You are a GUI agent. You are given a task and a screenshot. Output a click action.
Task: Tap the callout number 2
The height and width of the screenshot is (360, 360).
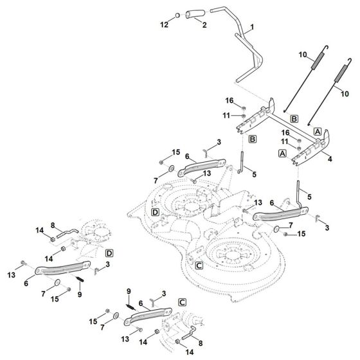click(204, 24)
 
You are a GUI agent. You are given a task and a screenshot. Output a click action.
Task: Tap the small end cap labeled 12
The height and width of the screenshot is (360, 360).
click(177, 14)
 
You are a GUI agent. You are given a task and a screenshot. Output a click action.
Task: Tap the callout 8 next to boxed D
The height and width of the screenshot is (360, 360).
click(54, 225)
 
